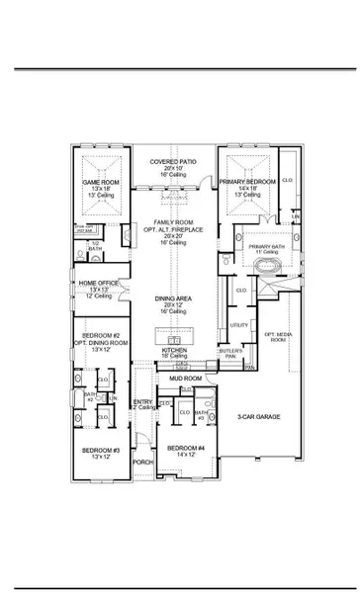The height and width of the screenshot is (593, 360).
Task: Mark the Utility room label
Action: point(239,324)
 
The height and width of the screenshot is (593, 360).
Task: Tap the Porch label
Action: point(143,461)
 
